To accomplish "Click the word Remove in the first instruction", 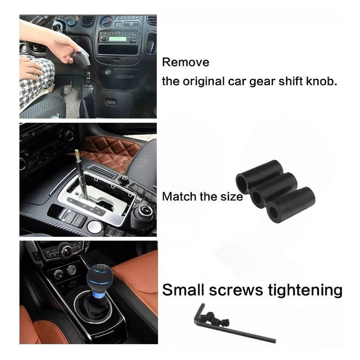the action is pyautogui.click(x=185, y=62).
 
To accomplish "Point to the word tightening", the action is pyautogui.click(x=305, y=291).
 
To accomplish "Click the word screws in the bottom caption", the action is pyautogui.click(x=236, y=291).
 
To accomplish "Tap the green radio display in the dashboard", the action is pyautogui.click(x=117, y=38).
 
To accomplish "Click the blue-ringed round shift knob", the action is pyautogui.click(x=100, y=277).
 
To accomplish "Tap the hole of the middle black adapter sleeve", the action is pyautogui.click(x=256, y=198).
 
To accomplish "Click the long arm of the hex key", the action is pyautogui.click(x=237, y=330).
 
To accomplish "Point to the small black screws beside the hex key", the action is pyautogui.click(x=216, y=319).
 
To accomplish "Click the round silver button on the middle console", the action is pyautogui.click(x=94, y=227).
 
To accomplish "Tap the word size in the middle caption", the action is pyautogui.click(x=231, y=197).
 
